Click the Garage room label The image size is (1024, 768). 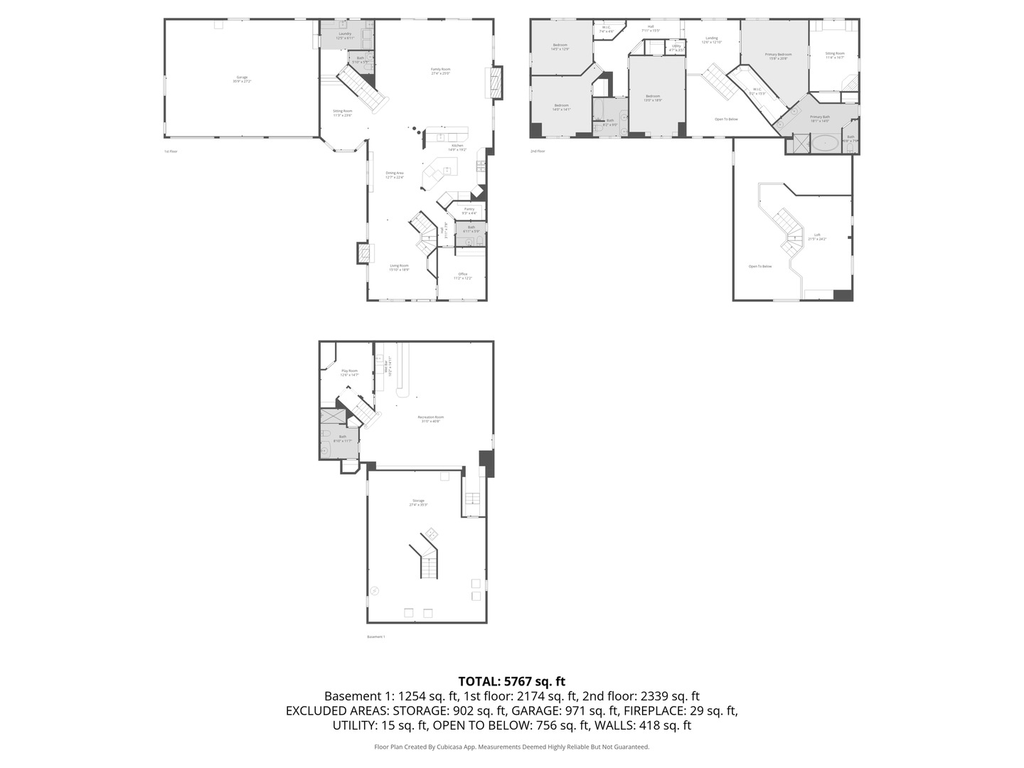242,78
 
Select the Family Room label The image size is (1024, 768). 440,70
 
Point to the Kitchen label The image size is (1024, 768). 457,147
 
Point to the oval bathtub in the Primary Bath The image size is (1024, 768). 825,144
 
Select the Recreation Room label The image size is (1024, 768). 431,418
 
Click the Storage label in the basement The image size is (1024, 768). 417,502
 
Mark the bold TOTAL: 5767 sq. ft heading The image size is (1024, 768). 511,681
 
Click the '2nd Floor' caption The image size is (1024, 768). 538,151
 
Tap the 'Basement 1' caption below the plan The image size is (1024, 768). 375,636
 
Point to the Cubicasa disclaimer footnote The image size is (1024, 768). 511,747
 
